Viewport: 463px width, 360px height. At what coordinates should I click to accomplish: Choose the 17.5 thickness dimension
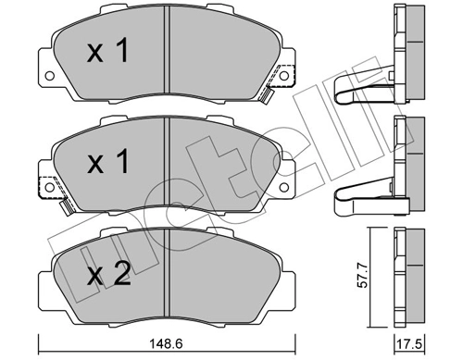click(x=404, y=343)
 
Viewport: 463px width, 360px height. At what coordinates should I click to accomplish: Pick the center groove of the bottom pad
click(x=163, y=270)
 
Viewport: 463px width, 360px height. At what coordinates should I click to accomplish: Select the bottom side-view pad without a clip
click(x=404, y=268)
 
